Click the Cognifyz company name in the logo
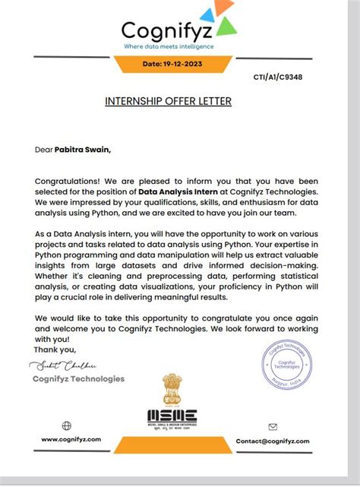click(168, 31)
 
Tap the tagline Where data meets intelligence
click(169, 46)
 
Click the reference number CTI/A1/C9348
click(278, 77)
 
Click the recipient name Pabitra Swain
click(82, 150)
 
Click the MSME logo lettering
click(172, 415)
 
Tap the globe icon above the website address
click(66, 426)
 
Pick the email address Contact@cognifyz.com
click(273, 441)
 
